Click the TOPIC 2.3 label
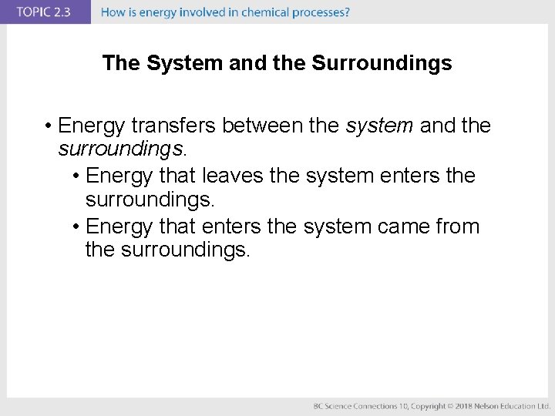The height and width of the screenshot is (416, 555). coord(44,12)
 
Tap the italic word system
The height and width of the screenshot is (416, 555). coord(379,125)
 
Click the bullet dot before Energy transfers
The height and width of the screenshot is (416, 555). coord(48,126)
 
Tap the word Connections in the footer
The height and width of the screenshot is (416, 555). coord(368,406)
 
